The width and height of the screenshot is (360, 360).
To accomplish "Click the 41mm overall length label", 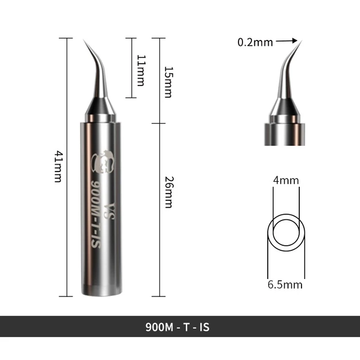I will tap(57, 166).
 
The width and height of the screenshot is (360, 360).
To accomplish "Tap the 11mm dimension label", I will tap(141, 70).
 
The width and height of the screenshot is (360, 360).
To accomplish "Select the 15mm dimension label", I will tap(168, 82).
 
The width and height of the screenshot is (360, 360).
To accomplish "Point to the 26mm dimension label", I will tap(168, 192).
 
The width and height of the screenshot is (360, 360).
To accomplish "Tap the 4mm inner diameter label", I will tap(286, 181).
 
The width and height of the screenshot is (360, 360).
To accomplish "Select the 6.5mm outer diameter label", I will tap(286, 285).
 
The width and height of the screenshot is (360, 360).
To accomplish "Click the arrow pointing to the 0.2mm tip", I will tap(287, 40).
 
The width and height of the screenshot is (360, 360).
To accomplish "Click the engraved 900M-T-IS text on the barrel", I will tap(95, 214).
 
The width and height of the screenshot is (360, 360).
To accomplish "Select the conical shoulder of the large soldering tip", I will tap(100, 107).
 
